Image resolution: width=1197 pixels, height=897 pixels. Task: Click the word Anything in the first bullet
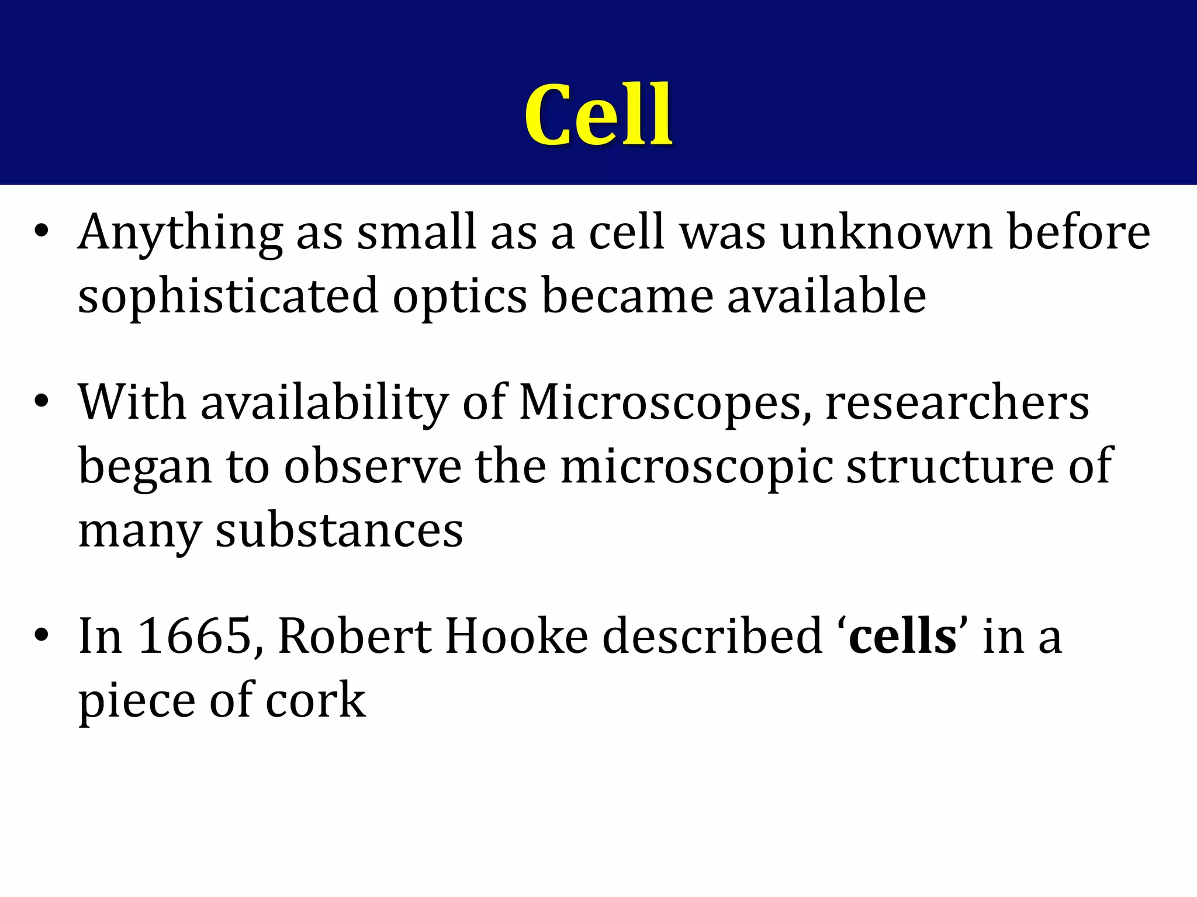coord(180,234)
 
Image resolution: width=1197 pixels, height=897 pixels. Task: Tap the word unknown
coord(886,234)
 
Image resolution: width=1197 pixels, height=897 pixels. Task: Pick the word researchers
coord(957,403)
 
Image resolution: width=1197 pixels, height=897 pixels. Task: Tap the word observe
coord(372,466)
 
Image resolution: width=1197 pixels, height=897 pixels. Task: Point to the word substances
coord(339,530)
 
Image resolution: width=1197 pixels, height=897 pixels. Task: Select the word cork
coord(316,700)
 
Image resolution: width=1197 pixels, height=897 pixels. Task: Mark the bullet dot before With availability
coord(40,401)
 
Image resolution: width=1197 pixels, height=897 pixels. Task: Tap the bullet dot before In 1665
coord(40,634)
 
